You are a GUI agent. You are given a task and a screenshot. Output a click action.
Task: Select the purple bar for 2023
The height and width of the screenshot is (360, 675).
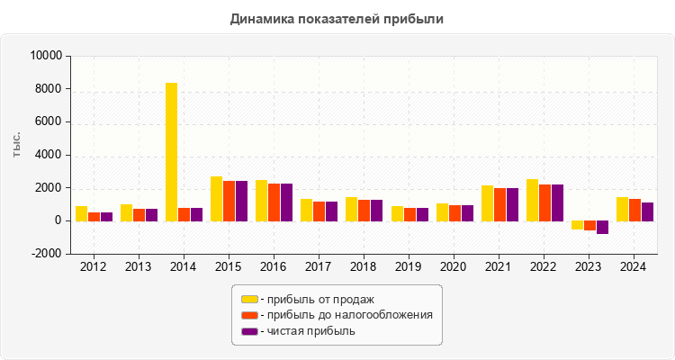pyautogui.click(x=602, y=227)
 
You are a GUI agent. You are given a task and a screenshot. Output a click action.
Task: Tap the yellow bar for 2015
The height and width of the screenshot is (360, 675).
pyautogui.click(x=216, y=198)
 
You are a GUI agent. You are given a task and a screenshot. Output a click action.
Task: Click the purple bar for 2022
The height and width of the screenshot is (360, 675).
pyautogui.click(x=557, y=202)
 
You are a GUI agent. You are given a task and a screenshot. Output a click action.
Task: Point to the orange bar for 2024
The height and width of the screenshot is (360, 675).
pyautogui.click(x=634, y=210)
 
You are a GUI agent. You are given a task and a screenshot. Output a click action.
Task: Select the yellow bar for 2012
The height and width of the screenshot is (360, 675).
pyautogui.click(x=81, y=213)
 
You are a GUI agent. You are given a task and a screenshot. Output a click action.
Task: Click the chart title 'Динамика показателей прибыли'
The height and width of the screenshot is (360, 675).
pyautogui.click(x=337, y=18)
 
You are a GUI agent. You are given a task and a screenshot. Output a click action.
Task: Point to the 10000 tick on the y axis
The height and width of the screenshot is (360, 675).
pyautogui.click(x=45, y=56)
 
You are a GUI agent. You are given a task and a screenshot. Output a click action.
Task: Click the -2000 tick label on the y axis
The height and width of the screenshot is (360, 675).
pyautogui.click(x=45, y=254)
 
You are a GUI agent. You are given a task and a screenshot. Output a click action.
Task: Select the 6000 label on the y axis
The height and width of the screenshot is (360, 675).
pyautogui.click(x=48, y=122)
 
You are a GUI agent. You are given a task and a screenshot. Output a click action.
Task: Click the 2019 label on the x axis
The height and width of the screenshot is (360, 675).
pyautogui.click(x=409, y=267)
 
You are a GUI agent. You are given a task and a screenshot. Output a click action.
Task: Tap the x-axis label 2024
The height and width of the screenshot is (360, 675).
pyautogui.click(x=634, y=267)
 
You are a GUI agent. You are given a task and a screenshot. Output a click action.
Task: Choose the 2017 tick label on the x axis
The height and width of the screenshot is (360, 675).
pyautogui.click(x=319, y=267)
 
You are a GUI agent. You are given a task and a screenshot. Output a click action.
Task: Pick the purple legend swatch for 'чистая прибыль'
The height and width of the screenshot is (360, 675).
pyautogui.click(x=249, y=331)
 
